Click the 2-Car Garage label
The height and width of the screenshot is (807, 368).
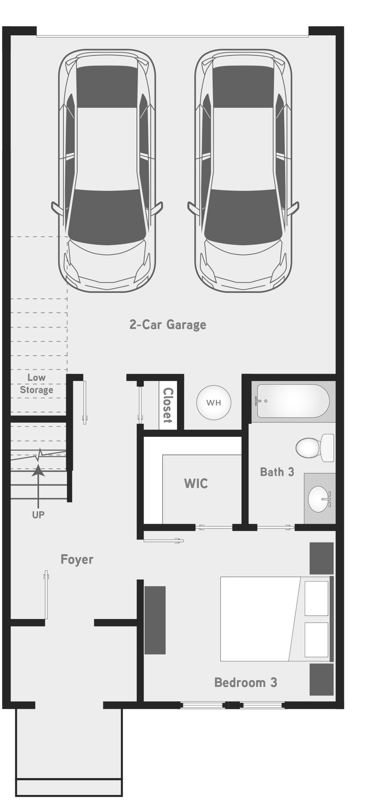pyautogui.click(x=168, y=325)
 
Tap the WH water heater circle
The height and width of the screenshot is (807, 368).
pyautogui.click(x=214, y=403)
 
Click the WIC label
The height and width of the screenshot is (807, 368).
pyautogui.click(x=196, y=483)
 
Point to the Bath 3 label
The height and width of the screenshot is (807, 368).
pyautogui.click(x=277, y=472)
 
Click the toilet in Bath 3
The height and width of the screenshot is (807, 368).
pyautogui.click(x=315, y=448)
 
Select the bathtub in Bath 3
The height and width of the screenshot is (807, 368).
pyautogui.click(x=293, y=401)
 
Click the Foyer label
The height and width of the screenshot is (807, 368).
pyautogui.click(x=77, y=559)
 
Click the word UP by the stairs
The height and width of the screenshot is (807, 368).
pyautogui.click(x=38, y=515)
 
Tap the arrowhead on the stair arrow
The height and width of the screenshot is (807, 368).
pyautogui.click(x=38, y=470)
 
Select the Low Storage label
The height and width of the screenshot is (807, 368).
pyautogui.click(x=37, y=384)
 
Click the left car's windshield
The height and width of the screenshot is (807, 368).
pyautogui.click(x=107, y=217)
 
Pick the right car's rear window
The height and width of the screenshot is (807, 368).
pyautogui.click(x=243, y=87)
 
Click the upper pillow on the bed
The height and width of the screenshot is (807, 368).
pyautogui.click(x=316, y=598)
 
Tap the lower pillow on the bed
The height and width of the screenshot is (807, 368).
pyautogui.click(x=316, y=640)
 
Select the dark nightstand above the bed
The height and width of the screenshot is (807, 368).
pyautogui.click(x=321, y=558)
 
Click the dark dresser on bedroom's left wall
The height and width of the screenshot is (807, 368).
pyautogui.click(x=155, y=620)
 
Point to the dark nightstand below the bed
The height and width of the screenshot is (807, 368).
pyautogui.click(x=321, y=679)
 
